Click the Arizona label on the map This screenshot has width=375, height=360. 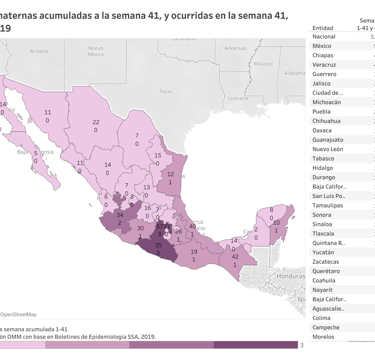pos(39,51)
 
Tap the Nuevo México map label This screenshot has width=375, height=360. pos(96,51)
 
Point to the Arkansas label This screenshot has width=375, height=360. pos(235,48)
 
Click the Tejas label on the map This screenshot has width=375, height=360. pos(166,91)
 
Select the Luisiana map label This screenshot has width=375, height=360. pos(238,98)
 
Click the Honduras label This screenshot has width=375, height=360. pos(291,276)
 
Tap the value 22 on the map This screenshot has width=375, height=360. pos(96,122)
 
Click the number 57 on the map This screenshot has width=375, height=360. pos(160,226)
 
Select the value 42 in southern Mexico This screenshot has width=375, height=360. pos(235,257)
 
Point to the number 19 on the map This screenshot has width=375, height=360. pos(194,251)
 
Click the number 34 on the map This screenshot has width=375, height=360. pos(120,215)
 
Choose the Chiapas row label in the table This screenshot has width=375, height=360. pos(323,55)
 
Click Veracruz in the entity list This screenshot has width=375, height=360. pos(324,65)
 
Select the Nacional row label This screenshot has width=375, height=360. pos(324,37)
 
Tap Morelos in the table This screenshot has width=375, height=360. pos(323,337)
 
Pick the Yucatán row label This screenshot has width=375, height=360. pos(323,252)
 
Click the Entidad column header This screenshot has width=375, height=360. pos(323,28)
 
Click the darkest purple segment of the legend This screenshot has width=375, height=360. pos(256,345)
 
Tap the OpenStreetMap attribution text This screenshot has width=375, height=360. pos(18,315)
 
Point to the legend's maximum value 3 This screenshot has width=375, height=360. pos(302,345)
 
